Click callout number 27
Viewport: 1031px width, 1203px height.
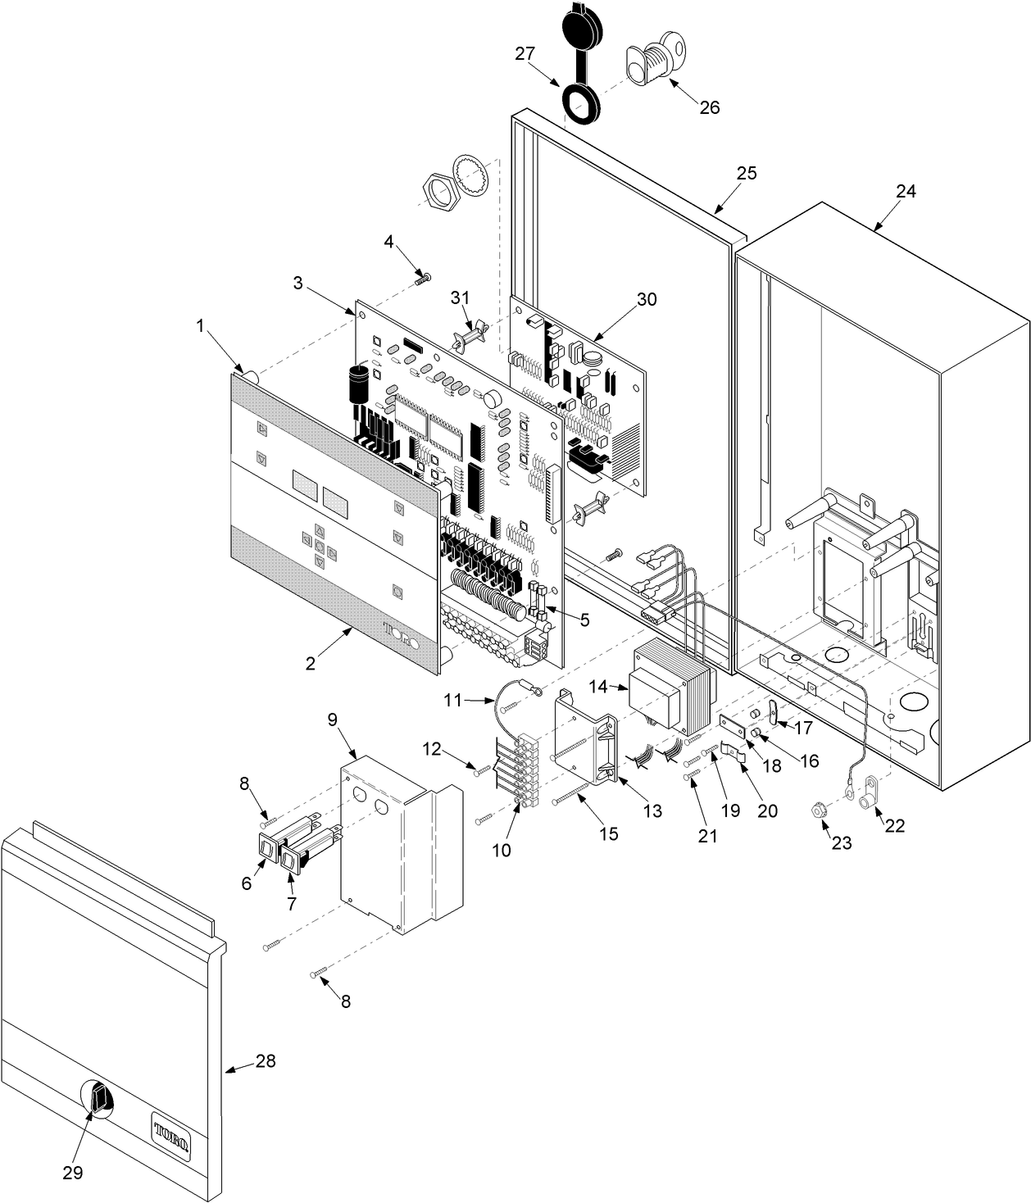tap(525, 54)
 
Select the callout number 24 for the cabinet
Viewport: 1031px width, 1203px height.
tap(906, 191)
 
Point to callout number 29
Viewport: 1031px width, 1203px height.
tap(73, 1173)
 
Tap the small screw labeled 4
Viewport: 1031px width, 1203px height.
tap(424, 279)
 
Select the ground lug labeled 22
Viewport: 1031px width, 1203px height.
tap(868, 794)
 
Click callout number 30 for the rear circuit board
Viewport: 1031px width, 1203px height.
tap(647, 299)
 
